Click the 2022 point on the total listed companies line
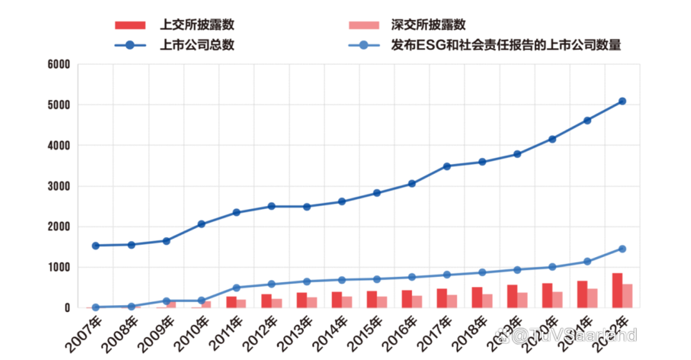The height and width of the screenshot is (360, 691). point(622,101)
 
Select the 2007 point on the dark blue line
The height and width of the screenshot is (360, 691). point(96,246)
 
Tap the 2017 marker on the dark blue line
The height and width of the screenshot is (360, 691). point(447,166)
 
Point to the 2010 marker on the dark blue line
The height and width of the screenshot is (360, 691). point(201,224)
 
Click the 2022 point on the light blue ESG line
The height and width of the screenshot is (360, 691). point(622,249)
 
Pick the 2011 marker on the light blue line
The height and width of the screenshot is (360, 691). point(236,288)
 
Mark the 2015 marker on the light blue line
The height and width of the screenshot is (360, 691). point(377,279)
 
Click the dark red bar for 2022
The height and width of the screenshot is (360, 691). point(617,290)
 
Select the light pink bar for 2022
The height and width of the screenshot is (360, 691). point(627,295)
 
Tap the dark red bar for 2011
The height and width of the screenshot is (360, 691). point(231,302)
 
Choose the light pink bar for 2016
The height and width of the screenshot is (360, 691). point(417,301)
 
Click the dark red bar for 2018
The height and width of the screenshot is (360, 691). point(477,297)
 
